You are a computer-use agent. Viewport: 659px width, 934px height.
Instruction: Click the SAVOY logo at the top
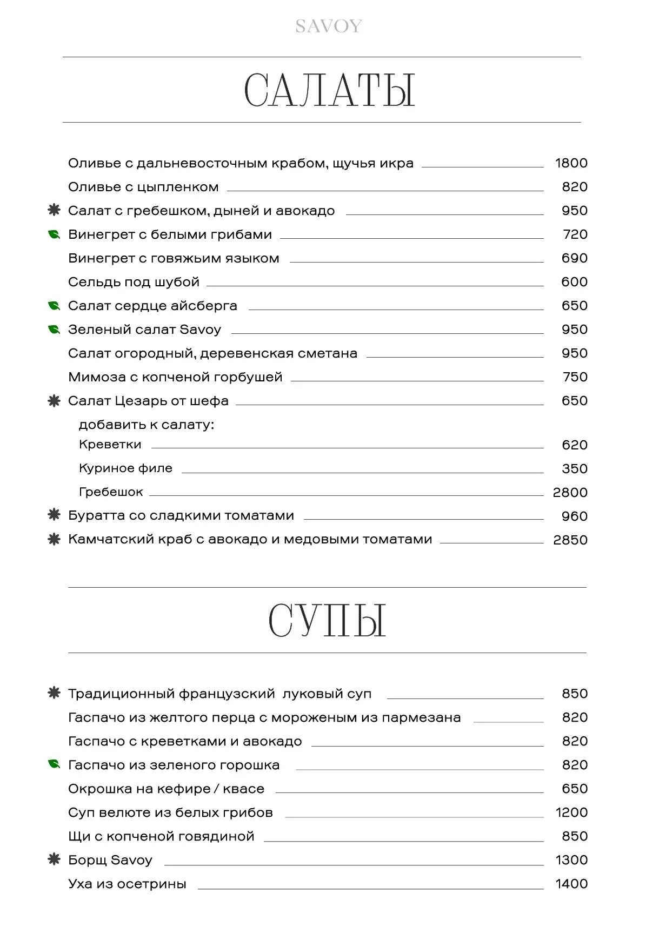pyautogui.click(x=329, y=26)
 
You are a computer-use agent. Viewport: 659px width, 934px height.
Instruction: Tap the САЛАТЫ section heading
pyautogui.click(x=329, y=90)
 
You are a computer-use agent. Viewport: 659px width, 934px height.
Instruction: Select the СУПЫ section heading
pyautogui.click(x=327, y=621)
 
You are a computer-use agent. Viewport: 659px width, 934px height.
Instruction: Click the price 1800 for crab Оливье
pyautogui.click(x=571, y=163)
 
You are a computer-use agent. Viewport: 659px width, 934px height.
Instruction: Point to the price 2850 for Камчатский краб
pyautogui.click(x=570, y=540)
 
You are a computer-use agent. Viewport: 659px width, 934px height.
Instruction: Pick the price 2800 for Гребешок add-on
pyautogui.click(x=570, y=492)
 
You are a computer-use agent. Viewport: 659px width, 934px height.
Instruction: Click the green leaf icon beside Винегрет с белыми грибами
pyautogui.click(x=54, y=234)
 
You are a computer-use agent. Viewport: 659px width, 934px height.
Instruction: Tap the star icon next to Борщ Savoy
pyautogui.click(x=54, y=859)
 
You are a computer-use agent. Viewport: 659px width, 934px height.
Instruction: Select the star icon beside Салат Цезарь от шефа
pyautogui.click(x=54, y=401)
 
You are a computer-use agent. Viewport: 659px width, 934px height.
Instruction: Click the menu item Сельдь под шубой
pyautogui.click(x=134, y=282)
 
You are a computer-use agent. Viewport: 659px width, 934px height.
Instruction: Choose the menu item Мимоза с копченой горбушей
pyautogui.click(x=175, y=377)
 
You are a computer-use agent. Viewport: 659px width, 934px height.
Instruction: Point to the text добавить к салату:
pyautogui.click(x=147, y=425)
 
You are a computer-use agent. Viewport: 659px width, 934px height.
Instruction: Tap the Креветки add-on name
pyautogui.click(x=110, y=445)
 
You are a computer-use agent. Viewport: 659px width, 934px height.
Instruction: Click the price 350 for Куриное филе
pyautogui.click(x=574, y=468)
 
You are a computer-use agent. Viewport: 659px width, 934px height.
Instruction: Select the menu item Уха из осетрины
pyautogui.click(x=127, y=884)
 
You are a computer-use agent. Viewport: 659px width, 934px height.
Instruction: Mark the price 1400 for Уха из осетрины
pyautogui.click(x=571, y=884)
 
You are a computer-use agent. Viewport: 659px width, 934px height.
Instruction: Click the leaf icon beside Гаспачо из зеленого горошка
pyautogui.click(x=54, y=764)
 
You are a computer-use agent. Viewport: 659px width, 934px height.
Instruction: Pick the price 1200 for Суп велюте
pyautogui.click(x=571, y=812)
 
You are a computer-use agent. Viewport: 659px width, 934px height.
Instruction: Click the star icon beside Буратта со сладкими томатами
pyautogui.click(x=54, y=515)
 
